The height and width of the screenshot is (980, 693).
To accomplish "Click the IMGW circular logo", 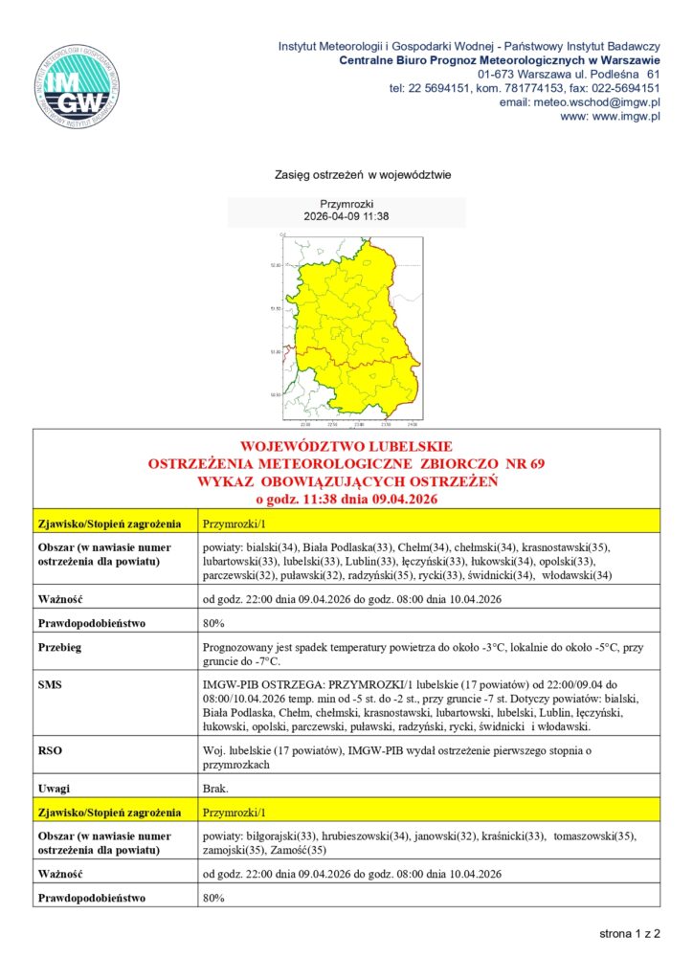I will [x=78, y=85].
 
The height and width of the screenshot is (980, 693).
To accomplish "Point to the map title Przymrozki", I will [x=346, y=205].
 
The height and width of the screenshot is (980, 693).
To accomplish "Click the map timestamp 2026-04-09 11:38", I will [x=346, y=217].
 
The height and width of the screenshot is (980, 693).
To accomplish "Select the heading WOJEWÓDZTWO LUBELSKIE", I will [x=346, y=447].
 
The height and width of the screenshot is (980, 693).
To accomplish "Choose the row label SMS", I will [x=50, y=686].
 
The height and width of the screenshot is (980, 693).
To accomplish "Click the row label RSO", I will [x=50, y=751].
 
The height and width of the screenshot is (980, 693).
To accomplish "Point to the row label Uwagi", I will [x=54, y=790].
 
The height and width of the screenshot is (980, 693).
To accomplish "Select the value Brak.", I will [x=215, y=790].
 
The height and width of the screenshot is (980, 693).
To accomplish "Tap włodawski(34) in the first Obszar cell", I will [x=576, y=575].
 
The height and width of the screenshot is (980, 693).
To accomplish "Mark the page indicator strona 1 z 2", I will [x=630, y=932].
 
